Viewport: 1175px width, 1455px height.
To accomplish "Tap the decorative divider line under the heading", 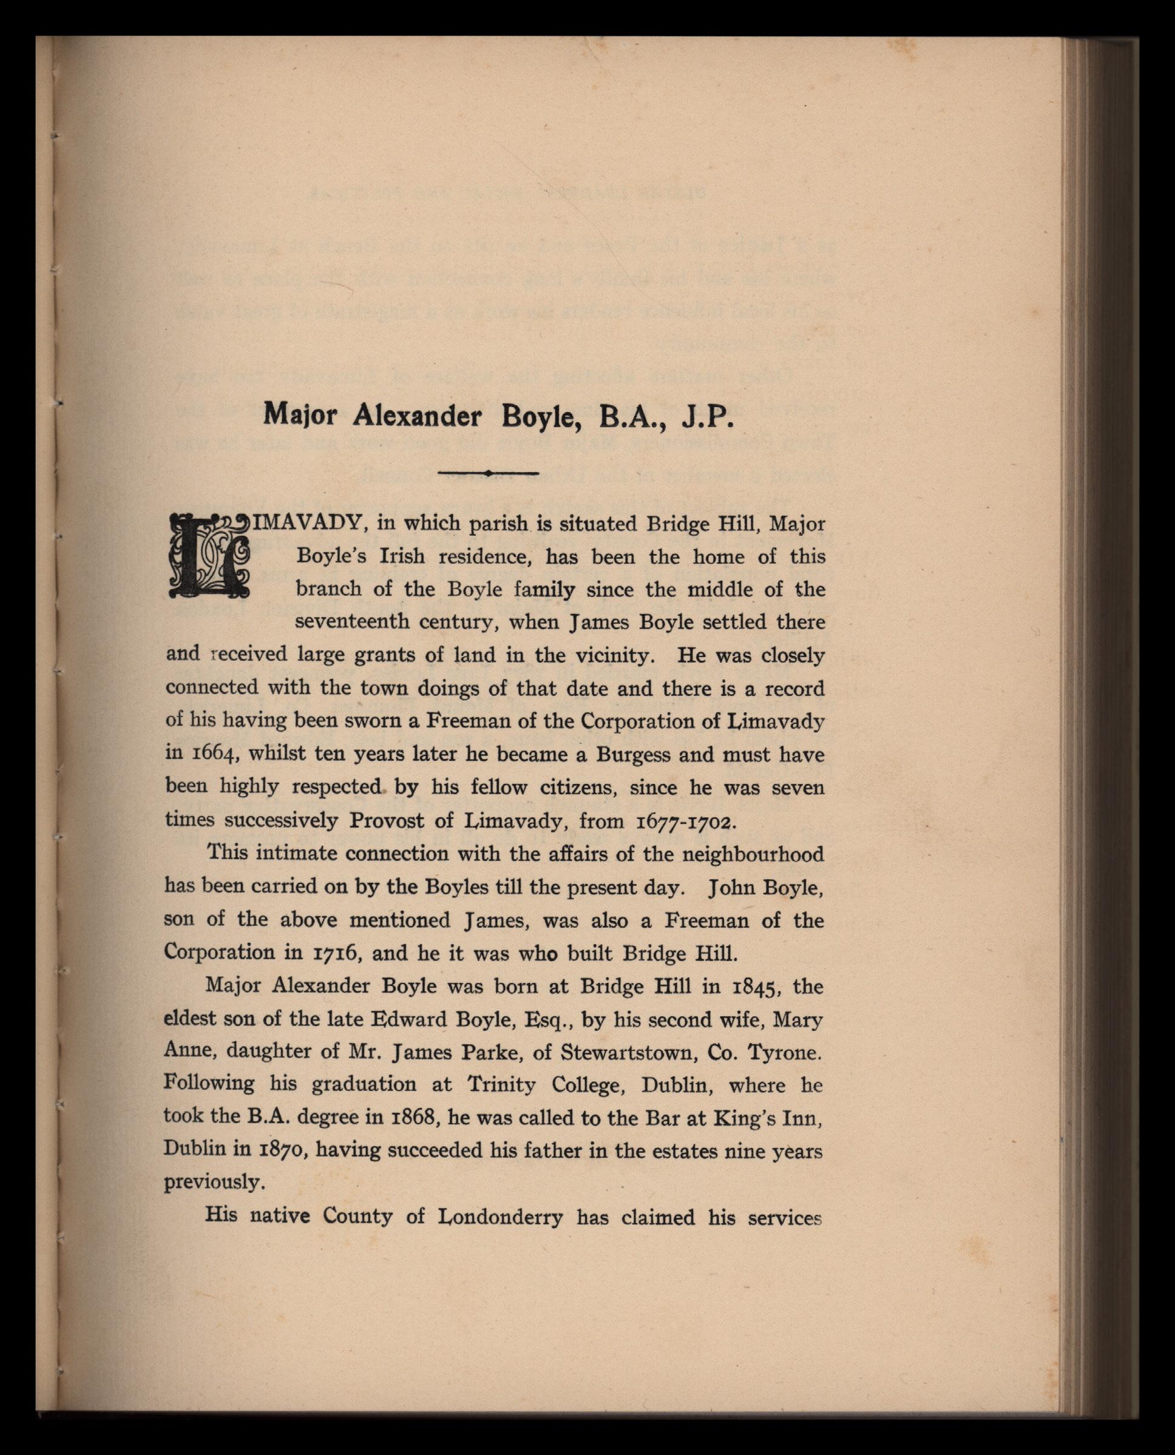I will coord(488,473).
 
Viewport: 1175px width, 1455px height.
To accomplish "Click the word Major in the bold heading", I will coord(300,415).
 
